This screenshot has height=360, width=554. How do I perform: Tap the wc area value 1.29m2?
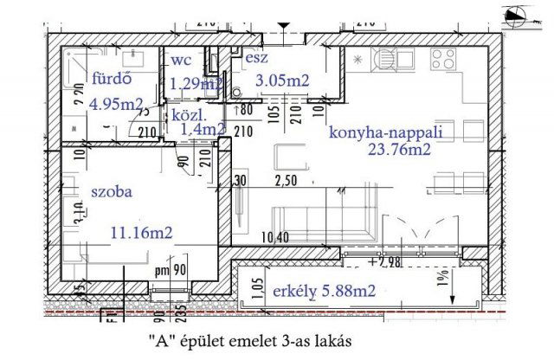tap(196, 84)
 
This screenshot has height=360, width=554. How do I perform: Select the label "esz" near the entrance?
tap(255, 58)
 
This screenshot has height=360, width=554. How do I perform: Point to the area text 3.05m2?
tap(282, 80)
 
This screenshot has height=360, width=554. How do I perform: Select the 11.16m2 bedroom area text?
tap(138, 232)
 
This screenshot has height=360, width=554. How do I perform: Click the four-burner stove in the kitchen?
tap(443, 60)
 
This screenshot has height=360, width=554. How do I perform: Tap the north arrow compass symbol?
tap(521, 12)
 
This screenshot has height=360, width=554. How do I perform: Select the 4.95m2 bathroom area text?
tap(117, 105)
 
